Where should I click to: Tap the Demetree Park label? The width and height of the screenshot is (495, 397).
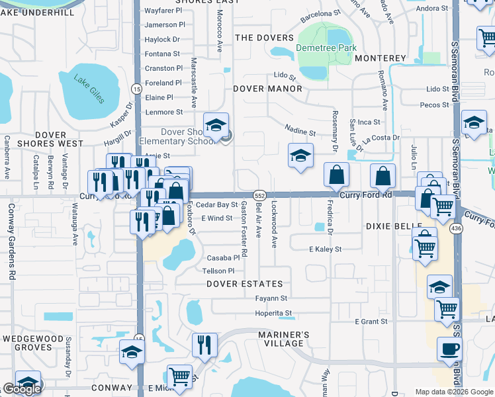click(x=326, y=48)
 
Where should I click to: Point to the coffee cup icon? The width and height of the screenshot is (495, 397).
click(x=449, y=349)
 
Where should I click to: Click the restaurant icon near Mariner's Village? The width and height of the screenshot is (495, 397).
click(x=204, y=344)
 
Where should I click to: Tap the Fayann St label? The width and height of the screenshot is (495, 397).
click(x=271, y=298)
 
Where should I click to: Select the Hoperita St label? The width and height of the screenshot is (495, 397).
click(x=274, y=313)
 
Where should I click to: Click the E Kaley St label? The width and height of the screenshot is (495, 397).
click(x=325, y=249)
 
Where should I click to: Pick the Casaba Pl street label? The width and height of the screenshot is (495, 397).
click(x=223, y=258)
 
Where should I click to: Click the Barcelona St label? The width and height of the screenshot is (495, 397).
click(x=320, y=17)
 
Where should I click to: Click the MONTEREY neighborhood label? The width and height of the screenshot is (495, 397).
click(x=380, y=58)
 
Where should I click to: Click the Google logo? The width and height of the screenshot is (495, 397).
click(x=22, y=389)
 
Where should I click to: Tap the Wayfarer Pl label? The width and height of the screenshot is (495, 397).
click(x=163, y=11)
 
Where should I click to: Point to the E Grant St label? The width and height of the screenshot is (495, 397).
click(x=371, y=322)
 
